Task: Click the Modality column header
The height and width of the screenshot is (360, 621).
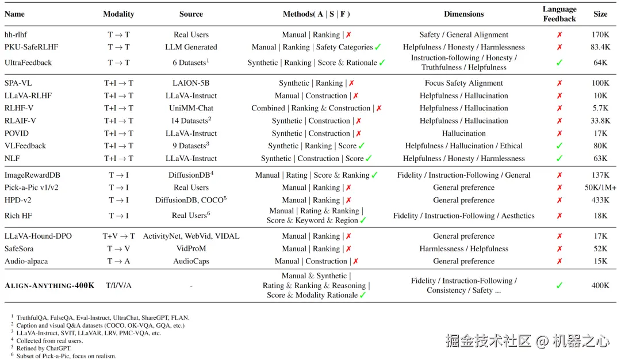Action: coord(118,14)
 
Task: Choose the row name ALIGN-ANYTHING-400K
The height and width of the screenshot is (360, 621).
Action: coord(49,285)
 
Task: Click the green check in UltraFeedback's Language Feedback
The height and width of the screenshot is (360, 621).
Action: coord(559,63)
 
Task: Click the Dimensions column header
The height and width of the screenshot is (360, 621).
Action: coord(463,14)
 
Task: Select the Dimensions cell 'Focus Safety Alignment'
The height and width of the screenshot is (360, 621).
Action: coord(463,83)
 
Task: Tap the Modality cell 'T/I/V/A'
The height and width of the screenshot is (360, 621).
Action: coord(118,285)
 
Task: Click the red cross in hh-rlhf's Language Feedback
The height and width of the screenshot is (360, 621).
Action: coord(559,35)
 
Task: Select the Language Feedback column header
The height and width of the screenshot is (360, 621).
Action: coord(559,14)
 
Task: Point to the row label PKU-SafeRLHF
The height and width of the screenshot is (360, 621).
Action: coord(31,47)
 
